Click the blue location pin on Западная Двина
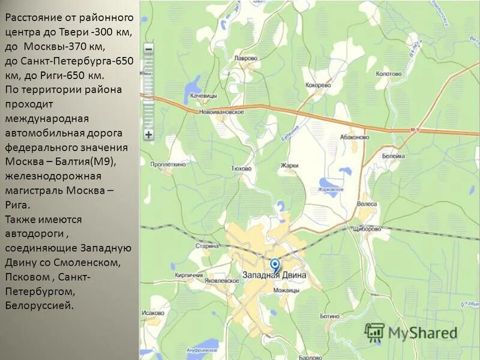click(x=275, y=265)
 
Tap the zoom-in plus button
click(x=148, y=134)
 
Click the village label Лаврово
click(x=245, y=59)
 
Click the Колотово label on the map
click(x=388, y=74)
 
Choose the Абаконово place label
click(x=354, y=137)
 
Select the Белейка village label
click(x=395, y=154)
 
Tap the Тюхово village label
click(x=240, y=169)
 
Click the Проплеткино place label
click(x=169, y=164)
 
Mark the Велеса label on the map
click(x=367, y=204)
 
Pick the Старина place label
click(x=206, y=246)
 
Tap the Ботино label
click(x=329, y=316)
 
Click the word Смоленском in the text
click(x=91, y=263)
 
